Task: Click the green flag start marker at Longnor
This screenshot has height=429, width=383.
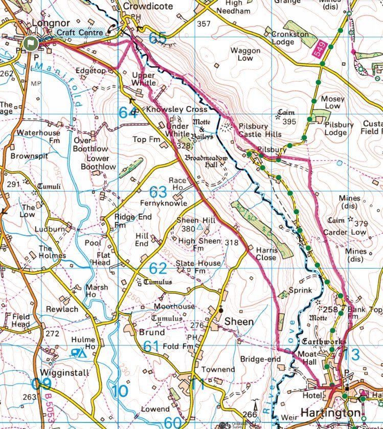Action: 31,43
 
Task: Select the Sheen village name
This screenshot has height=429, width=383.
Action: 239,322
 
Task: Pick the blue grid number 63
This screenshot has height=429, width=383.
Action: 159,192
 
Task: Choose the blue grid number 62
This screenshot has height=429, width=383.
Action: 159,268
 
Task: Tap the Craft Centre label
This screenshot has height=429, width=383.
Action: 80,32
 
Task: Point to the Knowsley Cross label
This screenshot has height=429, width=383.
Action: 177,110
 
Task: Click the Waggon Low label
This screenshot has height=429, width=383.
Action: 245,54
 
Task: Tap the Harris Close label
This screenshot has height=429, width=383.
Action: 266,254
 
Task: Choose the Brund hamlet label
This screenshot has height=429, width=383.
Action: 152,332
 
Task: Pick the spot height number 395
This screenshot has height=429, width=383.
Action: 289,121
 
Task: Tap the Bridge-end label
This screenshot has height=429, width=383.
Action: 260,359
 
